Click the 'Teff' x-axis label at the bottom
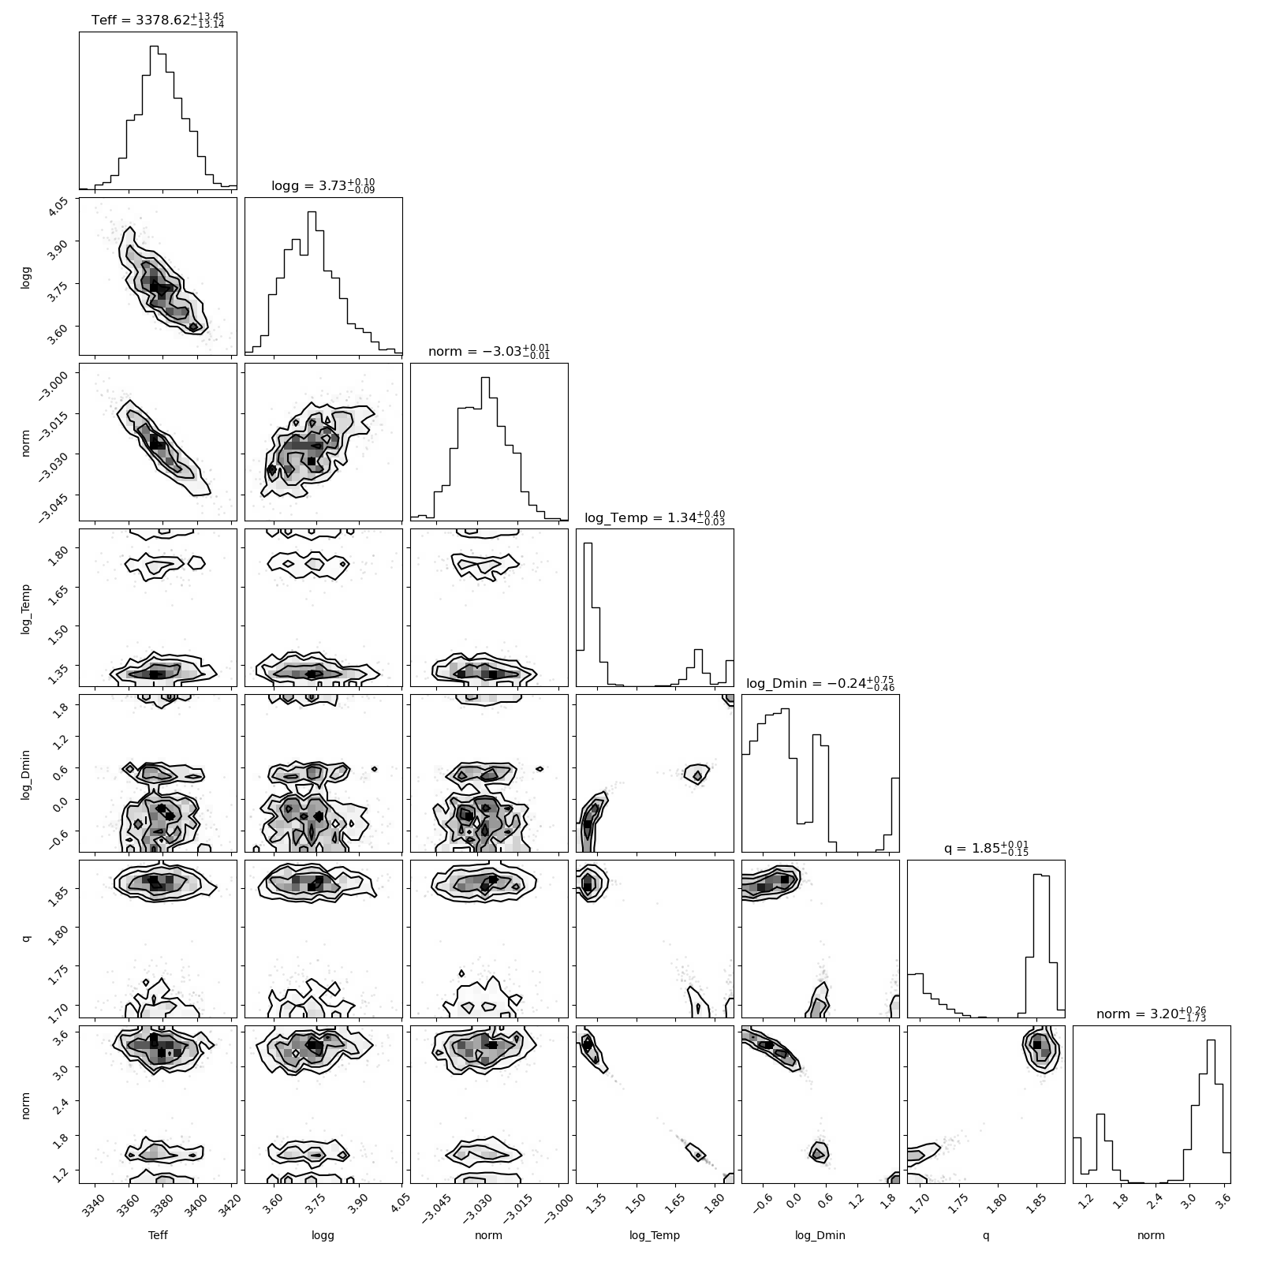pos(158,1235)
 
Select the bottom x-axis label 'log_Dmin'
pos(820,1236)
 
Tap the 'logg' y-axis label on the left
pos(25,276)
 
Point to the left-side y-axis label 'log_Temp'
pos(25,607)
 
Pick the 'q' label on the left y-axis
pos(27,939)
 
